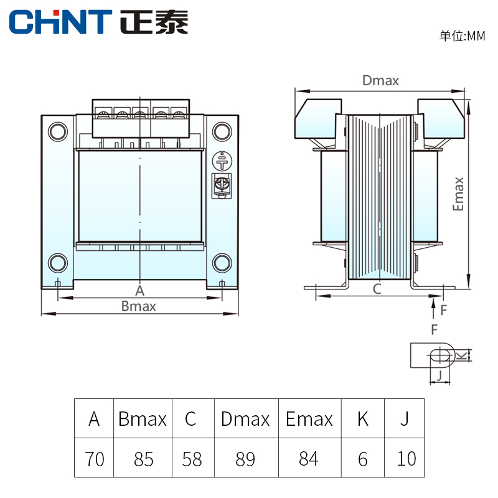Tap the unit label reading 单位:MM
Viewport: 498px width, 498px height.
click(461, 36)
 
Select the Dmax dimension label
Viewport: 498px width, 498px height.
click(380, 80)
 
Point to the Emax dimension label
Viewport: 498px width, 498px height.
click(459, 194)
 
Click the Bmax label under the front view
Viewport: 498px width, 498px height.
click(139, 306)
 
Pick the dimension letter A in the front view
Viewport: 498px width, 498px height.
click(139, 290)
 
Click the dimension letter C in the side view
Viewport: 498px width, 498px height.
click(377, 289)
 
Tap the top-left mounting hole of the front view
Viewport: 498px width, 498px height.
click(58, 131)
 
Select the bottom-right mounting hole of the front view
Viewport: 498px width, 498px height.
click(222, 263)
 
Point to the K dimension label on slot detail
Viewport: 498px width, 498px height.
click(461, 355)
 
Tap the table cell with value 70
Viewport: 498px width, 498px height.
click(95, 459)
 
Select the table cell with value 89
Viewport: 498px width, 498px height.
click(245, 459)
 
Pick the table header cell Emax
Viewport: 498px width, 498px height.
click(309, 419)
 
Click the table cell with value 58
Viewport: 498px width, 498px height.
click(192, 459)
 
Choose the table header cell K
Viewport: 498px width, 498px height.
click(362, 419)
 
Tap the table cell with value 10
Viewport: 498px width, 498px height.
click(406, 459)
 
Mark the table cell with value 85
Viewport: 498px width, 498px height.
click(143, 459)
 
